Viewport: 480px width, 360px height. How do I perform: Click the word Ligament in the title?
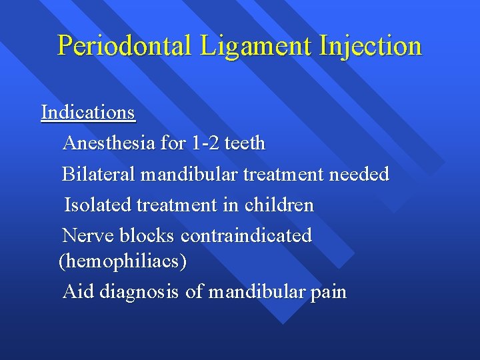click(238, 45)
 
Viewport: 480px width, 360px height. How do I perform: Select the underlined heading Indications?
click(88, 112)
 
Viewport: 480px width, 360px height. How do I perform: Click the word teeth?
click(245, 143)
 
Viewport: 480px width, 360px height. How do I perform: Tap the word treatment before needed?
click(285, 175)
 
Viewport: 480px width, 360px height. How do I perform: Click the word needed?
click(361, 175)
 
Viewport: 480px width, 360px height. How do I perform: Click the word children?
click(279, 205)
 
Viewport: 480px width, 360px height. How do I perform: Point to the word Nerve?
click(88, 236)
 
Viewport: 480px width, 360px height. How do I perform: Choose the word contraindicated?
click(246, 236)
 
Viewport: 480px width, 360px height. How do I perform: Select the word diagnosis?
click(140, 292)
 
